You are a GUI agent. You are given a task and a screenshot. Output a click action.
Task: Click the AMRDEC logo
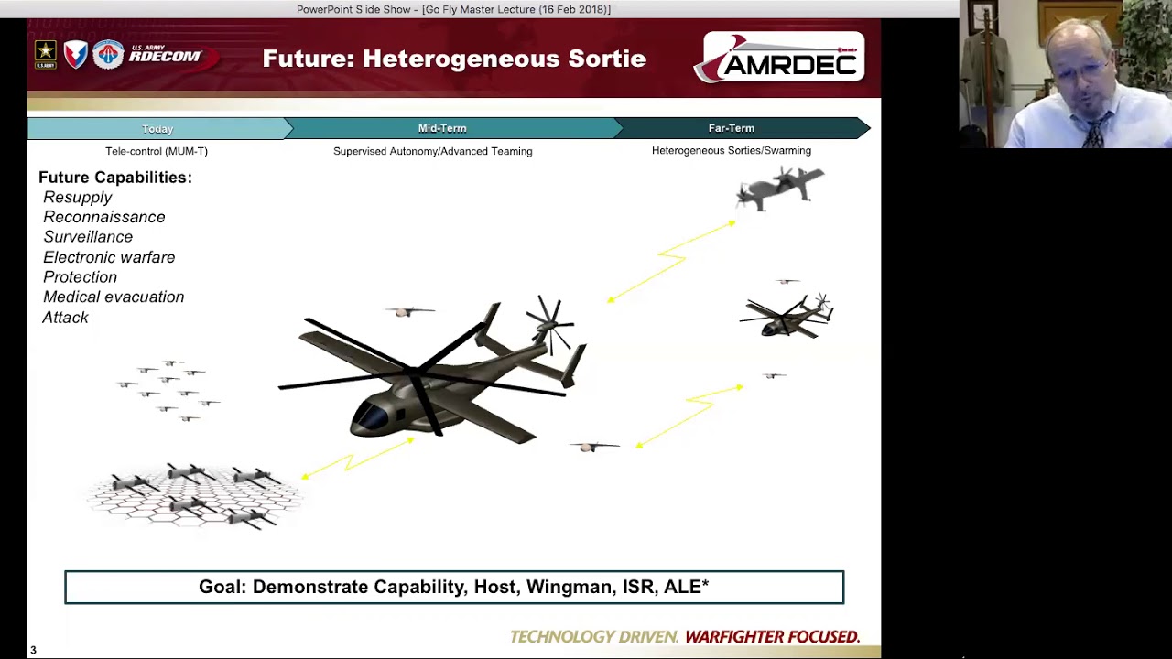780,58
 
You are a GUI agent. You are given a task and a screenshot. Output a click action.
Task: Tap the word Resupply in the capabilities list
77,198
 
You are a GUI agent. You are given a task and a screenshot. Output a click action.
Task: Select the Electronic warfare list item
109,257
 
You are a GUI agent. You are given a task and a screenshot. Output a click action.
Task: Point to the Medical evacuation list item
114,297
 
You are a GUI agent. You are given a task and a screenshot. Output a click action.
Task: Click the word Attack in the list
65,318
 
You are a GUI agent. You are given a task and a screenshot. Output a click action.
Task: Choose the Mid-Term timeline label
442,128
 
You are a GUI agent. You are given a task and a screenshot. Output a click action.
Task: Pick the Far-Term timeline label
731,128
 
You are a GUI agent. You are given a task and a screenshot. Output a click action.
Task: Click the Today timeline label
157,129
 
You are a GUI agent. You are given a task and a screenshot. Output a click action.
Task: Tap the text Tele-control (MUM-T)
157,151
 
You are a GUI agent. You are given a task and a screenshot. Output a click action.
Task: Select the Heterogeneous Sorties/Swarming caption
731,150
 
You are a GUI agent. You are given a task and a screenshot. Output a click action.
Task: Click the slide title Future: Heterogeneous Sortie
453,59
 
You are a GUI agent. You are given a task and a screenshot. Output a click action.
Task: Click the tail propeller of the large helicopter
549,321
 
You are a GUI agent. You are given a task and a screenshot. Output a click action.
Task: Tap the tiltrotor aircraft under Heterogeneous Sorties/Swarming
779,188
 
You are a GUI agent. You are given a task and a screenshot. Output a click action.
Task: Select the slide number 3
33,651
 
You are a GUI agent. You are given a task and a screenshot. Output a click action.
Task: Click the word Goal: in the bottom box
222,587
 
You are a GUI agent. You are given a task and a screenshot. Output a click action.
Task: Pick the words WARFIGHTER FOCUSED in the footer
772,636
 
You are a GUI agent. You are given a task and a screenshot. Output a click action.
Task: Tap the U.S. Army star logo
45,55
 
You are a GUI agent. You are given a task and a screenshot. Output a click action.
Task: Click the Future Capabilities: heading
115,178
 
